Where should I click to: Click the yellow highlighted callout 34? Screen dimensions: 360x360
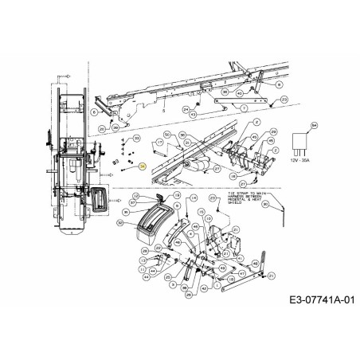point(142,166)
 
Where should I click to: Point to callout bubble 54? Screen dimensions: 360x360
point(314,126)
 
